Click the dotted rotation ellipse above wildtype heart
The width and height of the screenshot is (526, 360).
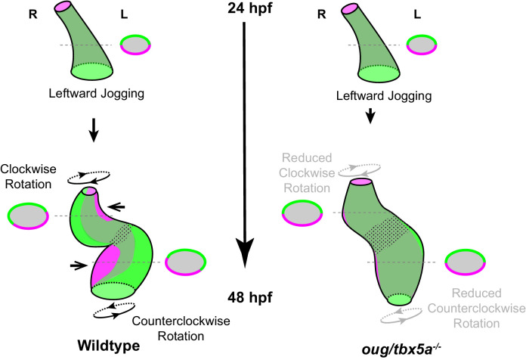[x=90, y=175]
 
